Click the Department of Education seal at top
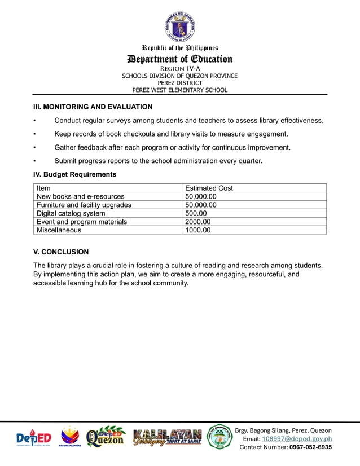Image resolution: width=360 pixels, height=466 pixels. [179, 27]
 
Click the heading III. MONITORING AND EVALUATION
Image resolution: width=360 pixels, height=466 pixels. [93, 107]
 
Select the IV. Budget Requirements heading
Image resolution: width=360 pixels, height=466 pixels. [74, 174]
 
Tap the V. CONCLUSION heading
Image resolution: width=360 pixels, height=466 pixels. [61, 252]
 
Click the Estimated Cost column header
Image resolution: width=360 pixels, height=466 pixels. [209, 188]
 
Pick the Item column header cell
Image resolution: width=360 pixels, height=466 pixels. [43, 188]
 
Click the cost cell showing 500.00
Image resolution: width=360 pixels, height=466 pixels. [196, 213]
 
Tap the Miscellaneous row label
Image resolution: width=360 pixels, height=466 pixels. [59, 230]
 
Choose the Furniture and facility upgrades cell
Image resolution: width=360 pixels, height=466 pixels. [84, 205]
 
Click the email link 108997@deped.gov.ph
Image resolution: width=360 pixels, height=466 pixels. [297, 439]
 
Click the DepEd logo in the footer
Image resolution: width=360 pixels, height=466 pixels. [33, 437]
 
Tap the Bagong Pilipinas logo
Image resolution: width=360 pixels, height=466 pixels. [71, 437]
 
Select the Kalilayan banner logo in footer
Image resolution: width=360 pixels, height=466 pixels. [167, 437]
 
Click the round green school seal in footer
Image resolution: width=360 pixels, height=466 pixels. [219, 437]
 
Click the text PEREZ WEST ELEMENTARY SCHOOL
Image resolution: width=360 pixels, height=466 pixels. [179, 90]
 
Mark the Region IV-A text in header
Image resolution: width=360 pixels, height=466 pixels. [179, 69]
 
